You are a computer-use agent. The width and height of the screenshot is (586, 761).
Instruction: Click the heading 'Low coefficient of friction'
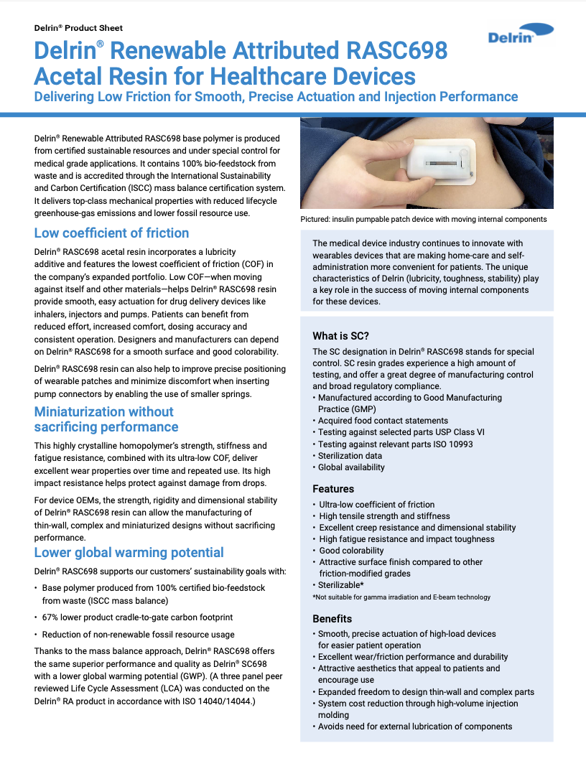(x=111, y=233)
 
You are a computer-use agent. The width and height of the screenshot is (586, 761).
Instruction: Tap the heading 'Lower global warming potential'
(x=129, y=553)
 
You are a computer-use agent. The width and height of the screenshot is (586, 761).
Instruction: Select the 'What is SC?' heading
(x=340, y=336)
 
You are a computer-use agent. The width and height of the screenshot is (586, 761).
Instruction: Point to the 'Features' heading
(x=333, y=489)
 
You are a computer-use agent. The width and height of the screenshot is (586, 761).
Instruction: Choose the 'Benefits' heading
(x=332, y=619)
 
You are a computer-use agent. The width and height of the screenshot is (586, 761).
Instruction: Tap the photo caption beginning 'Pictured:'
(x=423, y=219)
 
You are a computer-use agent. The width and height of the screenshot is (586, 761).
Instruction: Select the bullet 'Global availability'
(x=351, y=467)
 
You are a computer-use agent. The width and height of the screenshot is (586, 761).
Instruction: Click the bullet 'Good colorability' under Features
(x=351, y=551)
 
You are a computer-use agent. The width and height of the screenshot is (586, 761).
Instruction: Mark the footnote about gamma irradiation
(x=401, y=597)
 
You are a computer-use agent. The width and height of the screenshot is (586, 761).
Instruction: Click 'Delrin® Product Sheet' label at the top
(x=78, y=28)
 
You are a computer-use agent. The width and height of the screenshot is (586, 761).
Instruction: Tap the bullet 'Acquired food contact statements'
(x=383, y=421)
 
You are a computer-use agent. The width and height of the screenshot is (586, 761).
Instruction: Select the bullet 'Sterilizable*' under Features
(x=342, y=585)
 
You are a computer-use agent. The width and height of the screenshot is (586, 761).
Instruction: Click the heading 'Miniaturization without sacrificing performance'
(x=106, y=419)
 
